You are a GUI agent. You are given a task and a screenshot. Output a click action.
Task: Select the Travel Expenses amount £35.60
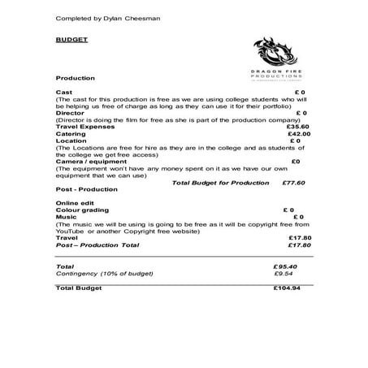pyautogui.click(x=299, y=127)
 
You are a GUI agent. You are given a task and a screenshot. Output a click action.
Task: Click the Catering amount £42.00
pyautogui.click(x=300, y=134)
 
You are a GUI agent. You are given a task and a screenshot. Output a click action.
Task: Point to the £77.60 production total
pyautogui.click(x=293, y=183)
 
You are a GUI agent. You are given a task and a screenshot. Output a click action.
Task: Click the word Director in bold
pyautogui.click(x=68, y=113)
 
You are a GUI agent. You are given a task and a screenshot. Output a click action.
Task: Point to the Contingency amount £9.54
pyautogui.click(x=284, y=274)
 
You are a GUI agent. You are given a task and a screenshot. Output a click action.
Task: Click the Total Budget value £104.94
pyautogui.click(x=287, y=288)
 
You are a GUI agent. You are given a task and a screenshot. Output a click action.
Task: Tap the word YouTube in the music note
pyautogui.click(x=69, y=230)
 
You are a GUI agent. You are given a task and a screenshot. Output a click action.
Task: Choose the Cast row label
pyautogui.click(x=63, y=93)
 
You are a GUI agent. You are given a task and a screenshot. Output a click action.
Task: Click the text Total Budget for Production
pyautogui.click(x=220, y=183)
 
